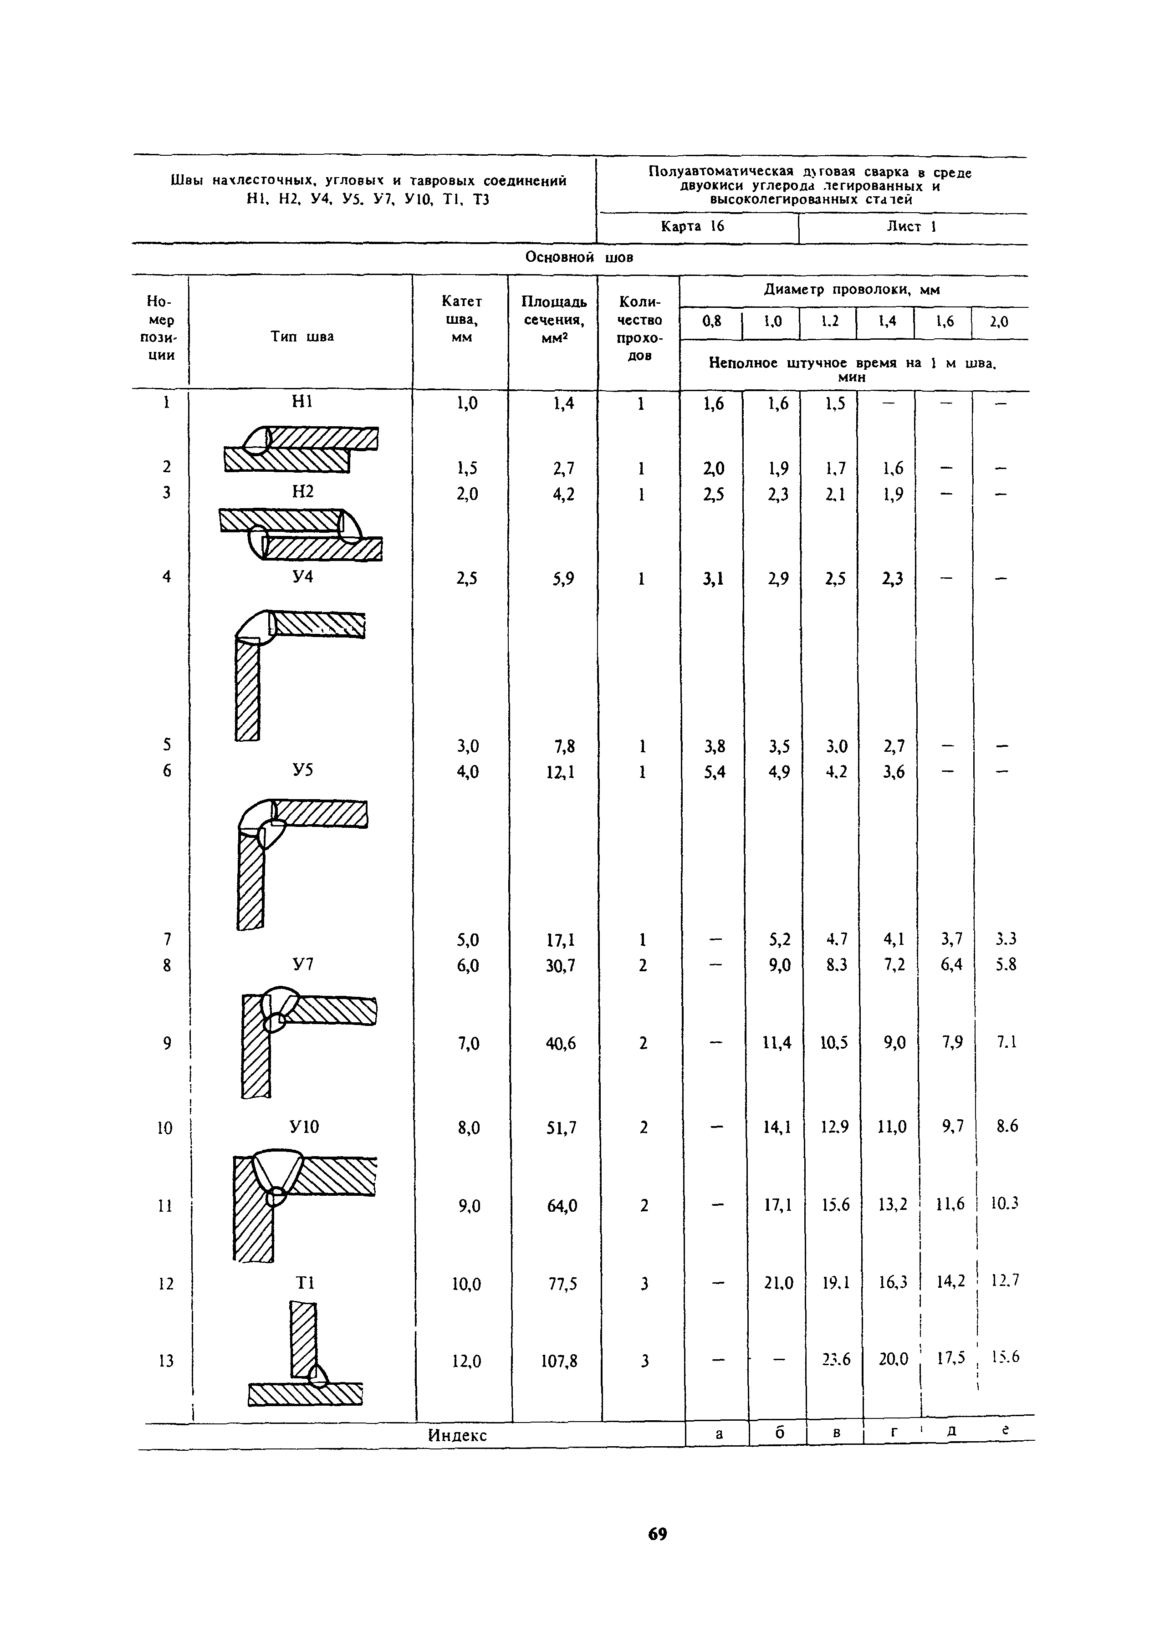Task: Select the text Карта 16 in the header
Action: coord(692,227)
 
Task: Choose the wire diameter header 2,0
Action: coord(999,322)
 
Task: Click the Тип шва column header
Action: coord(302,337)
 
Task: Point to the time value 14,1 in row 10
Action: coord(775,1127)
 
